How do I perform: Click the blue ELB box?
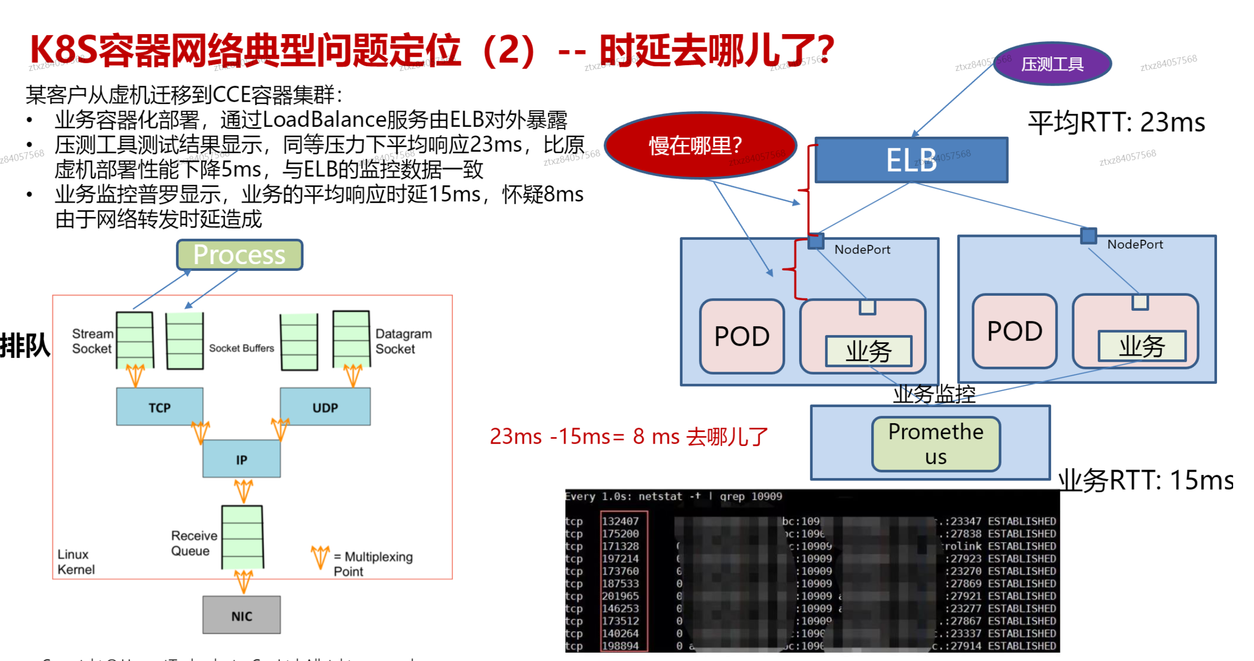[911, 160]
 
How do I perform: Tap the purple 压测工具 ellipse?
[1052, 64]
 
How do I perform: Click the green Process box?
[239, 254]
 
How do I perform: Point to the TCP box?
[159, 407]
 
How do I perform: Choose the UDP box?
[325, 407]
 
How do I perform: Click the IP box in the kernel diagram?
[241, 459]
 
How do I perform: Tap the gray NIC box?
[241, 615]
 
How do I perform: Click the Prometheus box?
[935, 444]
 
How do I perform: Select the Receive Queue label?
[193, 543]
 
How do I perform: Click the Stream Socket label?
[92, 341]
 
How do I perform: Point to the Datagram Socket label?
[403, 341]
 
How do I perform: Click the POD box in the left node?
[741, 337]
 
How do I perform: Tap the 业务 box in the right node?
[1142, 346]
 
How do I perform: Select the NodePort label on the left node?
[861, 250]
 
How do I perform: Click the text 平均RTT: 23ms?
[1116, 122]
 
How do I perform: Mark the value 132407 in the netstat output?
[620, 521]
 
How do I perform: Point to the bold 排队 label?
[24, 346]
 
